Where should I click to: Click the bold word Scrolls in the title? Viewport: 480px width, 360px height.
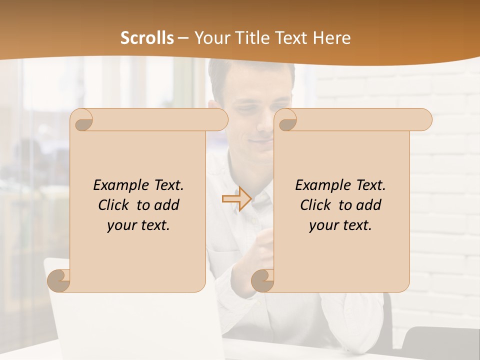[x=147, y=38]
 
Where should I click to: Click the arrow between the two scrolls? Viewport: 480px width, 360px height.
[x=236, y=199]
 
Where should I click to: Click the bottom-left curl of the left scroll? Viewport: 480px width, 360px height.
[x=59, y=280]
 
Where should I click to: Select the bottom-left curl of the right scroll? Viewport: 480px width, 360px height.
[x=262, y=280]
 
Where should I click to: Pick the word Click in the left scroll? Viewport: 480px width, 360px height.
[x=115, y=205]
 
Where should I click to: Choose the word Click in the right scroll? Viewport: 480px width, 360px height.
[x=317, y=205]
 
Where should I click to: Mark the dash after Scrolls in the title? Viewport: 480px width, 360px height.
[x=183, y=38]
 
